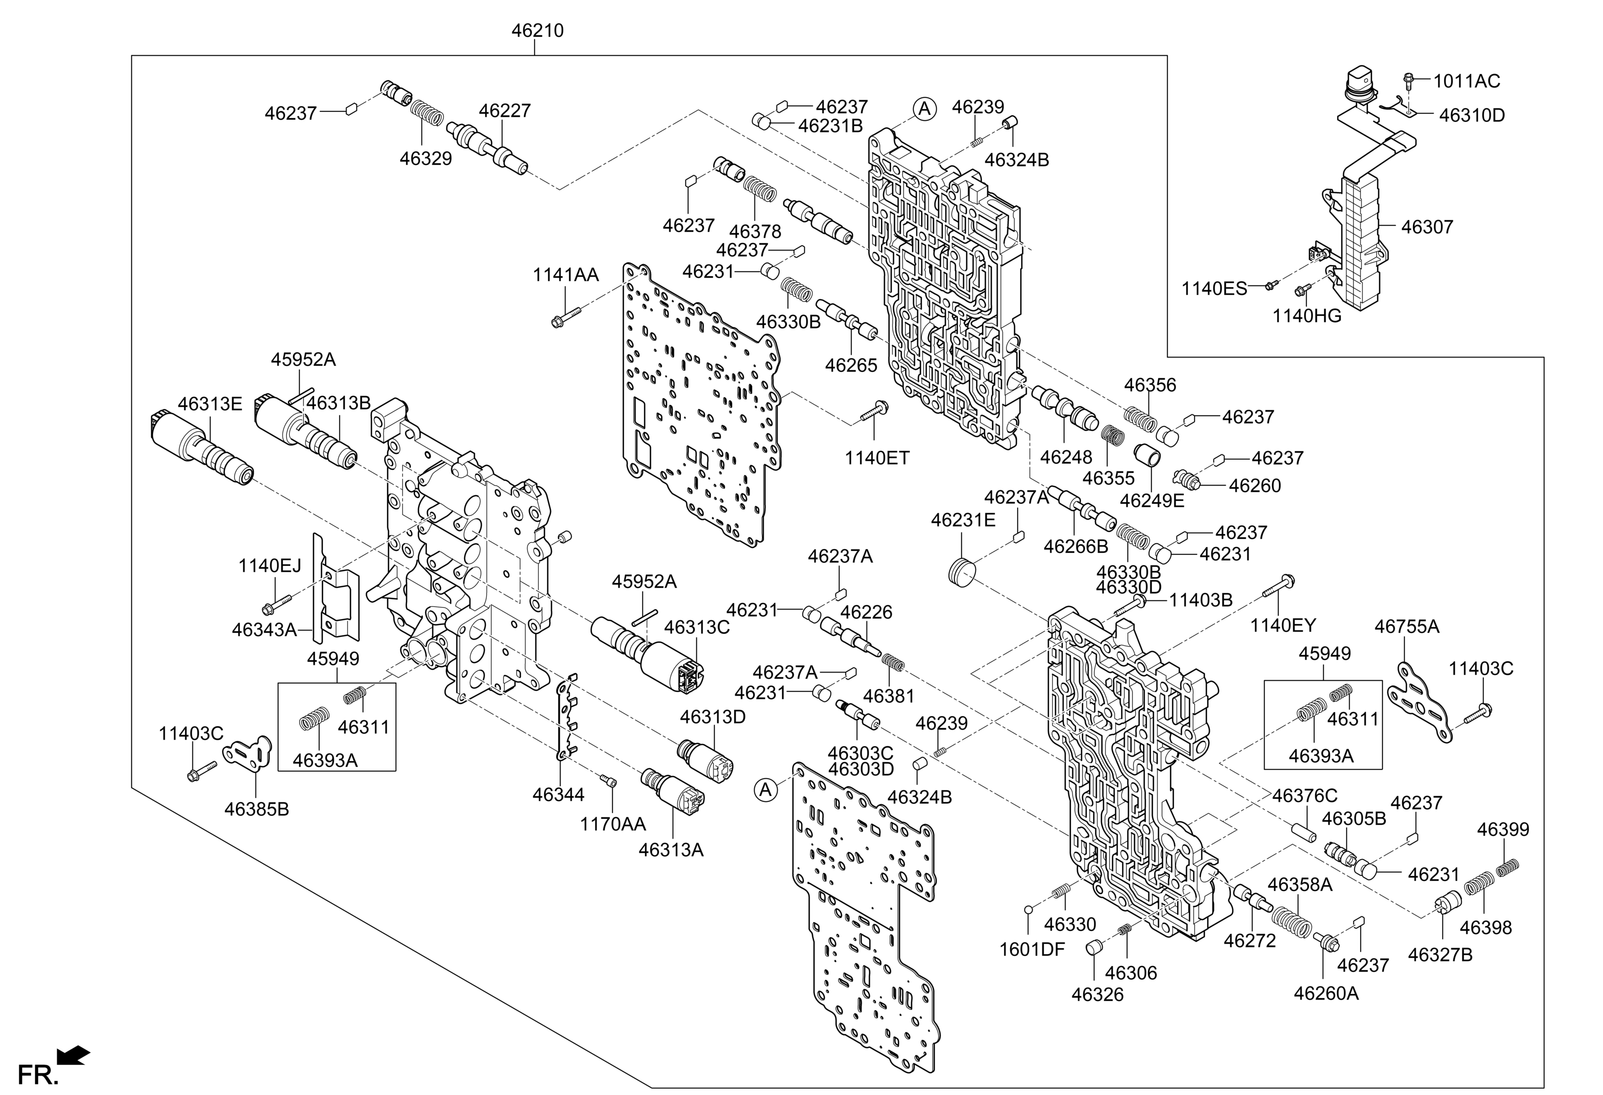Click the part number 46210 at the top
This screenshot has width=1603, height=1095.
point(537,31)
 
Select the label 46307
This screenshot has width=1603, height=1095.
point(1427,227)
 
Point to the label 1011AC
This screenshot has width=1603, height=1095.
point(1466,81)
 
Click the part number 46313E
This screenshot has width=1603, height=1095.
point(210,404)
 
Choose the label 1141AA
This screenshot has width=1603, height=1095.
point(566,275)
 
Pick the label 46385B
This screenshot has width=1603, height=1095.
point(257,809)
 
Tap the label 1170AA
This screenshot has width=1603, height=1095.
point(613,824)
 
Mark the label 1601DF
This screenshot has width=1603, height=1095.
point(1032,950)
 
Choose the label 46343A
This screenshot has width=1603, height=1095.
point(264,629)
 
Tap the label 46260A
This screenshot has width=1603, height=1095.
point(1326,994)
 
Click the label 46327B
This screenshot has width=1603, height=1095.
point(1440,954)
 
